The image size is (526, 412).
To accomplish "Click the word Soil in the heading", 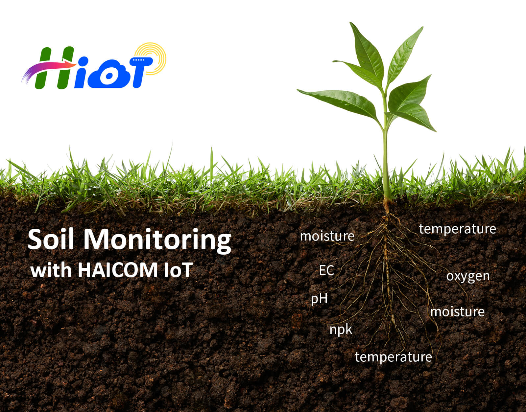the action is coord(51,239).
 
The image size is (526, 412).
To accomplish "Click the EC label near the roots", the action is coord(326,270).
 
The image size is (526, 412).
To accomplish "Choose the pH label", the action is coord(319,299).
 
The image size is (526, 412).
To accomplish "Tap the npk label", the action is coord(341,330).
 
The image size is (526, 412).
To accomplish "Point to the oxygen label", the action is coord(468,276).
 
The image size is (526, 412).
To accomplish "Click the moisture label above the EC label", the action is coord(327,236).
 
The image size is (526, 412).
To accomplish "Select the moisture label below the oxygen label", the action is coord(458,311).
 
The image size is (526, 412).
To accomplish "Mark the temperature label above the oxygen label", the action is coord(458,229).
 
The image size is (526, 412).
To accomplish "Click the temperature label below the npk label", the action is coord(394,357).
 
